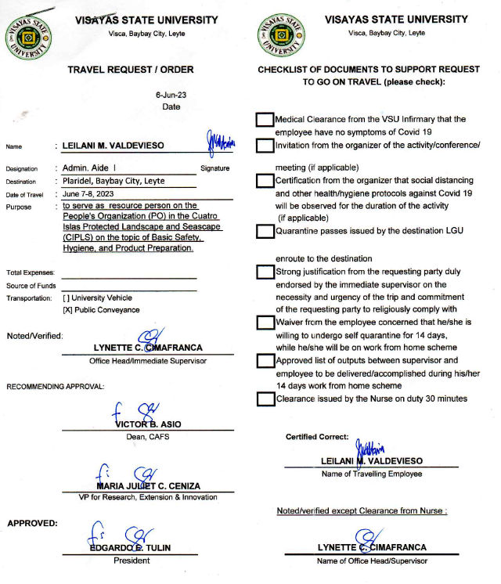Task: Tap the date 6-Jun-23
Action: click(x=171, y=96)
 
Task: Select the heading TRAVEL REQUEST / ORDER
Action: click(x=131, y=70)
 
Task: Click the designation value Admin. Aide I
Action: click(x=89, y=168)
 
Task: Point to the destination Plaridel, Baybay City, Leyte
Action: click(x=114, y=181)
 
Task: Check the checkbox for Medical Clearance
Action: click(x=265, y=120)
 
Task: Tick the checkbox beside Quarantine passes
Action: click(x=265, y=231)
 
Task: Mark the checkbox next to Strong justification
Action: click(x=265, y=272)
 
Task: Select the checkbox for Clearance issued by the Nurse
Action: click(x=265, y=398)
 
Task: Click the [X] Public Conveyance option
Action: click(x=101, y=310)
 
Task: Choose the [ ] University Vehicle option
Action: click(x=97, y=297)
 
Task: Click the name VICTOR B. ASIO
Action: click(x=148, y=424)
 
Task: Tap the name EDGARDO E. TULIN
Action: click(x=131, y=548)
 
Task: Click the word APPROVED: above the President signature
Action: click(x=31, y=523)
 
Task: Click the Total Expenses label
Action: click(x=30, y=272)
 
